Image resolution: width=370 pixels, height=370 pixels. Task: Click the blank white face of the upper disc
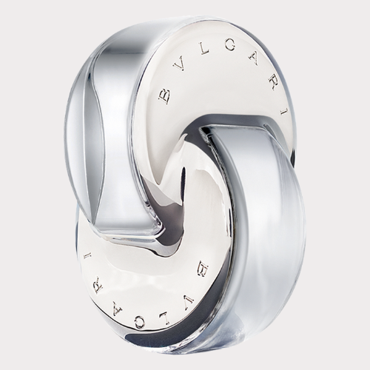point(222,104)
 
